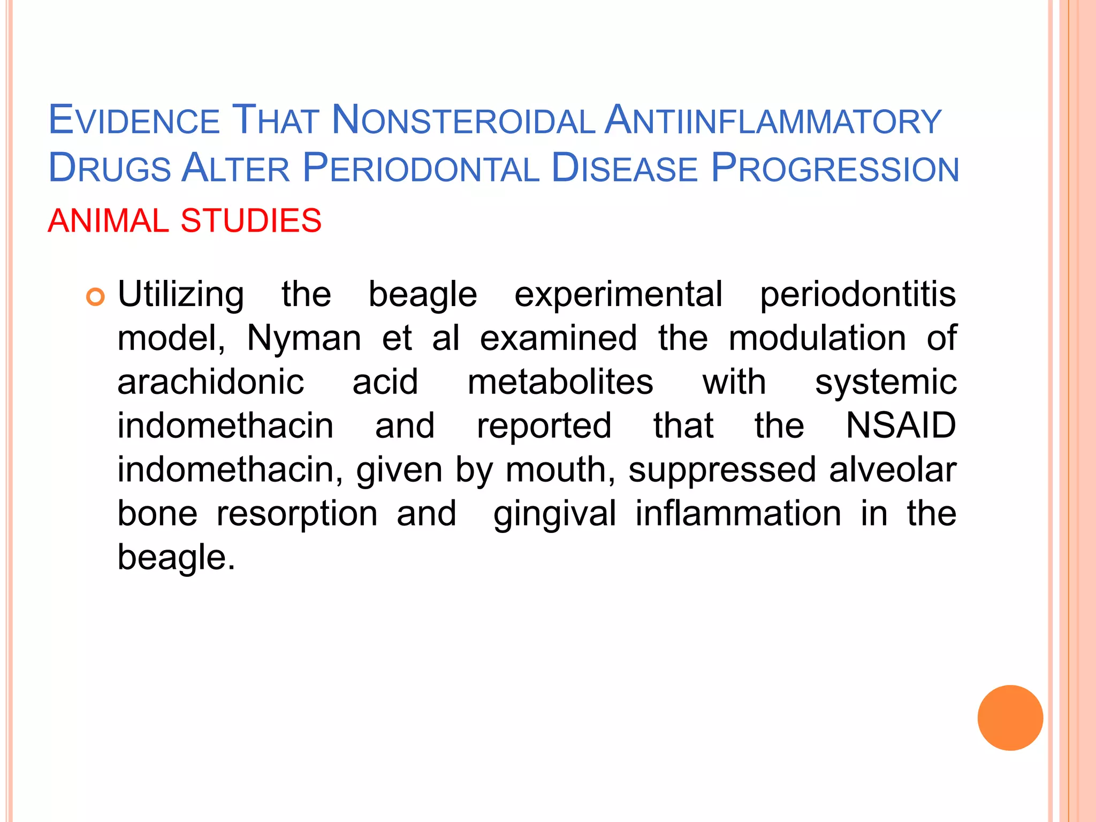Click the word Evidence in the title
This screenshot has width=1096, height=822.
pos(134,120)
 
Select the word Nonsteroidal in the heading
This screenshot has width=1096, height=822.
pos(463,120)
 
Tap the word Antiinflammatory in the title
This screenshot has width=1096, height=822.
pos(772,120)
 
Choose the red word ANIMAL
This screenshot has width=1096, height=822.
pos(108,220)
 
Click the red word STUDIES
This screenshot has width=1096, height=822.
pos(251,220)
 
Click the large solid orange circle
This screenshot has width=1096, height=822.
pos(1010,718)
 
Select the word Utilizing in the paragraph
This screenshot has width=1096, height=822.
pos(181,295)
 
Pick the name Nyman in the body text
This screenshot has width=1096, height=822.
pos(304,338)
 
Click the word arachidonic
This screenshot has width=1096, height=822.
pos(211,382)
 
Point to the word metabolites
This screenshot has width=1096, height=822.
pos(560,382)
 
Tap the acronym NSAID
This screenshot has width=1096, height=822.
pos(901,426)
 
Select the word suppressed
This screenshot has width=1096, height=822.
pos(722,470)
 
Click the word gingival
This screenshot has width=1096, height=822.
pos(554,514)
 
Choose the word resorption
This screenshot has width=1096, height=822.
pos(297,514)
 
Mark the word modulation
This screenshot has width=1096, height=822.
pos(817,338)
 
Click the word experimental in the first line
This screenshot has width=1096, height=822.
pos(618,295)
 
